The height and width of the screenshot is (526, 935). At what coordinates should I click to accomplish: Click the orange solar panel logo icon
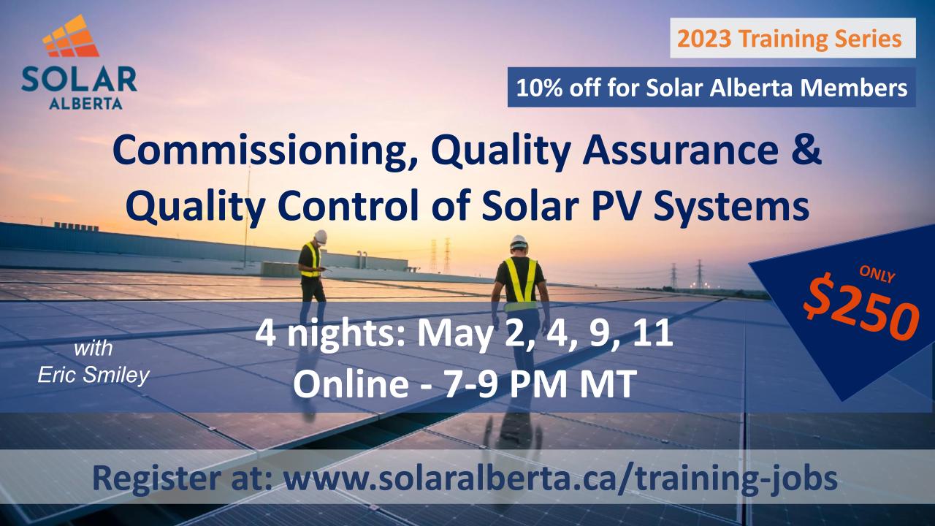coord(71,37)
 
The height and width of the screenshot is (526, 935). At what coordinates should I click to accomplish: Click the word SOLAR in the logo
coord(80,80)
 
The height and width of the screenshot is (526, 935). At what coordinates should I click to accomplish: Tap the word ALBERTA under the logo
coord(85,103)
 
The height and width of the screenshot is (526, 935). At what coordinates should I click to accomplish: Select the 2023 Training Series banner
coord(793,38)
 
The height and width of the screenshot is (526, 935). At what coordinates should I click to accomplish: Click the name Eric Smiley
coord(93,376)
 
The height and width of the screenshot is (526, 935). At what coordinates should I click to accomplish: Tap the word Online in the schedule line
coord(351,384)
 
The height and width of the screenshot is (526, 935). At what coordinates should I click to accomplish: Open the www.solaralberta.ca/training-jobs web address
coord(560,479)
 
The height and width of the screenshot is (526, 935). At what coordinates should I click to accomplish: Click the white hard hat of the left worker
coord(320,236)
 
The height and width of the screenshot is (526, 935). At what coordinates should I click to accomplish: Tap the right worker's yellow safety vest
coord(521,280)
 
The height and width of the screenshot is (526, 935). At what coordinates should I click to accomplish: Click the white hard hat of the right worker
coord(519,242)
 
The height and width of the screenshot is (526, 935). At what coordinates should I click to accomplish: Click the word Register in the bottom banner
coord(161,479)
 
